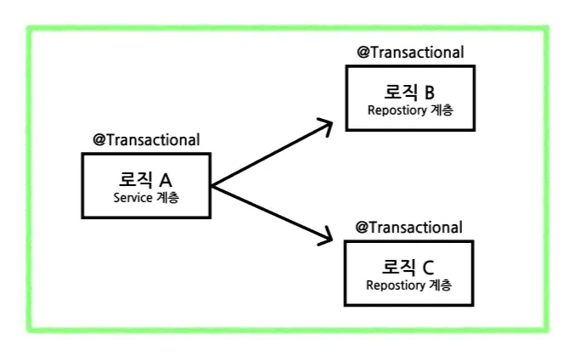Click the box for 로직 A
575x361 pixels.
(144, 185)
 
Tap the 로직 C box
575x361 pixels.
(409, 273)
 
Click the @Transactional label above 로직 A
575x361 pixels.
(146, 140)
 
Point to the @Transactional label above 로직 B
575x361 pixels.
(410, 53)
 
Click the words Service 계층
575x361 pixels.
(146, 197)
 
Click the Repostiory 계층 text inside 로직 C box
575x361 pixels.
(409, 285)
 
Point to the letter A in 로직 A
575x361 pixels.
(166, 179)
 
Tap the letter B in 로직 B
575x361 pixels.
(429, 93)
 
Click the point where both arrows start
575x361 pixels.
(211, 184)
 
